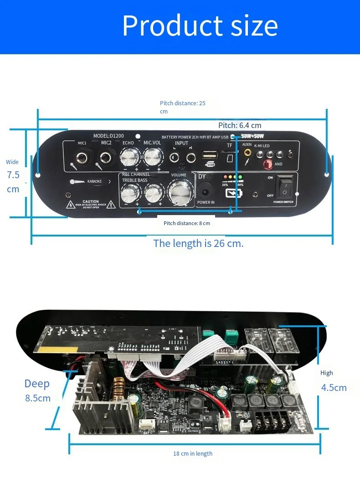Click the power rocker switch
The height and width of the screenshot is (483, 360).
(x=285, y=186)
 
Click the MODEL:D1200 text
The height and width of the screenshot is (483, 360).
(x=108, y=136)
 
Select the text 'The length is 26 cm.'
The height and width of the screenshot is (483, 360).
(x=198, y=243)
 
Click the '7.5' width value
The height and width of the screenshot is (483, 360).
(x=13, y=175)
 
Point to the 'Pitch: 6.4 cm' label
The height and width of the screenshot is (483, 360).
(x=240, y=125)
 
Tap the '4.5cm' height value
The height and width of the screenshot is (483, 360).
(x=334, y=388)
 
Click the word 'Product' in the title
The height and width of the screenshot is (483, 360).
(x=169, y=26)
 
